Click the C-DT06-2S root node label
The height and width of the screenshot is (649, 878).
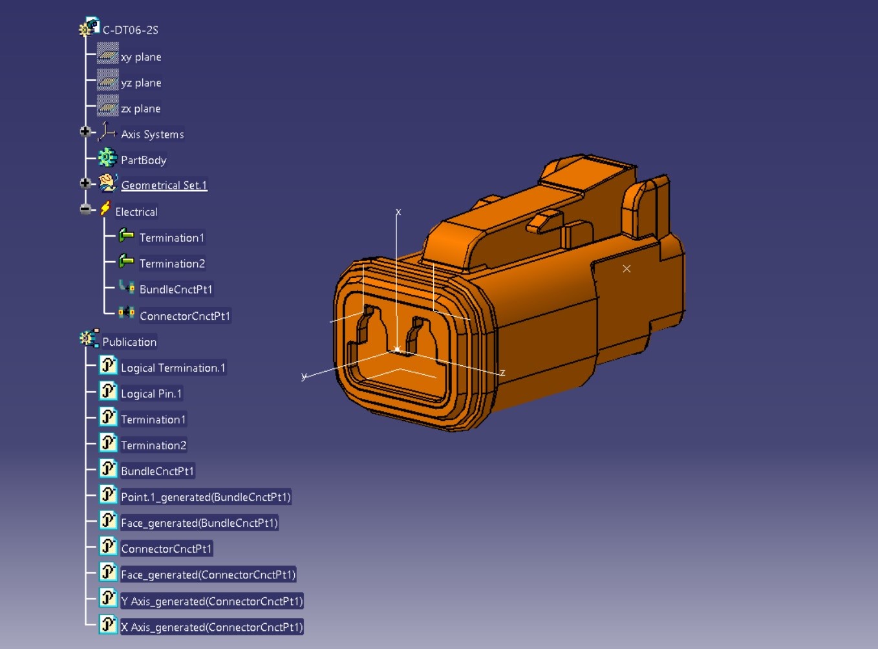[130, 30]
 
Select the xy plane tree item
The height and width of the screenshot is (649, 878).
[141, 57]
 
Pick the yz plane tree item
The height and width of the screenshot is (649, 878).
[141, 83]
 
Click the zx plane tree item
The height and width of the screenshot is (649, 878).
[140, 109]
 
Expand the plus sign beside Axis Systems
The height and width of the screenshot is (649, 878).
[85, 132]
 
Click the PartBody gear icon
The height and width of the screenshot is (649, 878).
[107, 158]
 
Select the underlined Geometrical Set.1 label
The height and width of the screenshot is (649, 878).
[164, 186]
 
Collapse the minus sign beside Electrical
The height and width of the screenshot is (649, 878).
[85, 209]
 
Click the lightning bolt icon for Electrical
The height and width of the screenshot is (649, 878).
[105, 208]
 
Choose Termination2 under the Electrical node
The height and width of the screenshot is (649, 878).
[172, 264]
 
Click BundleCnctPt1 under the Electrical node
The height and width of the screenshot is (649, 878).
[176, 290]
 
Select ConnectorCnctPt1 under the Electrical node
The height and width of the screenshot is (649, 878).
[185, 316]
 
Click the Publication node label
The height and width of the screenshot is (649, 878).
[129, 342]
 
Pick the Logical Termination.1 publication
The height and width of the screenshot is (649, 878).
[173, 368]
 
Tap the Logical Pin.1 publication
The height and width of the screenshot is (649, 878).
[151, 394]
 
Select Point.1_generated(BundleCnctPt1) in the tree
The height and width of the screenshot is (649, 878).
[206, 497]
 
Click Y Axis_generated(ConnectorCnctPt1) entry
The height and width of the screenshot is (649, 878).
[211, 601]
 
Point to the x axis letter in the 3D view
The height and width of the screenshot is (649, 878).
[398, 212]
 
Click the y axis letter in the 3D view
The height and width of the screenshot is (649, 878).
[304, 376]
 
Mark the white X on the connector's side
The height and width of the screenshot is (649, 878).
[626, 269]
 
